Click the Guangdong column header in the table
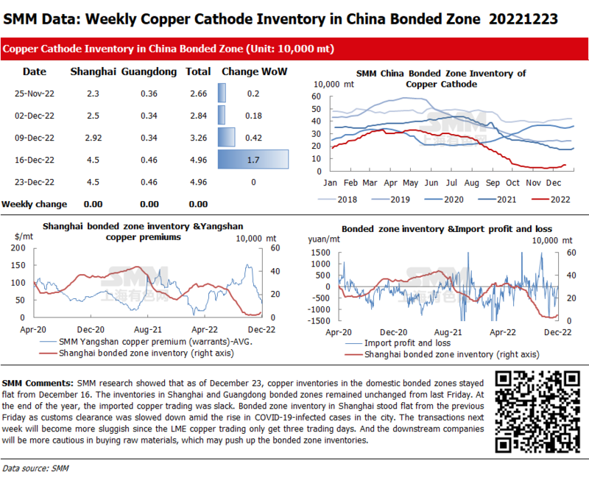[149, 71]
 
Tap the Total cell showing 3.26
[197, 137]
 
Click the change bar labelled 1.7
[253, 159]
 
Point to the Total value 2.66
[197, 94]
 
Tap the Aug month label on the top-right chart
[472, 183]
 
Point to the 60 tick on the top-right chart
[317, 96]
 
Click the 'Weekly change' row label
[35, 203]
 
